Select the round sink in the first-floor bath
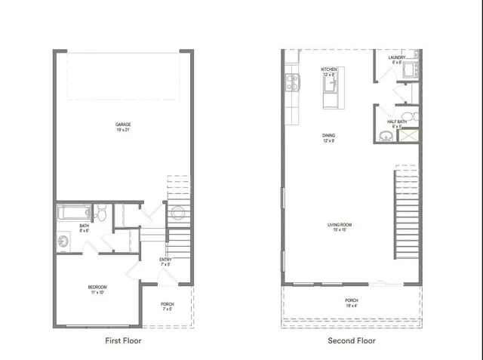click(x=63, y=242)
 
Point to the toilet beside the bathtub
click(x=101, y=212)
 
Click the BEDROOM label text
click(x=97, y=288)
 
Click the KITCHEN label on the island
click(x=329, y=70)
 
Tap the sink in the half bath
click(x=386, y=136)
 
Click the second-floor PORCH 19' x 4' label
click(x=352, y=303)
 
